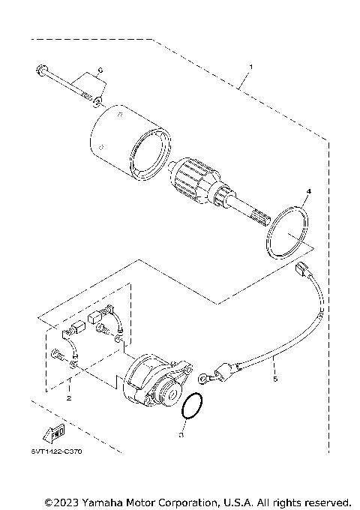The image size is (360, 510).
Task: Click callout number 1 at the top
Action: coord(250,67)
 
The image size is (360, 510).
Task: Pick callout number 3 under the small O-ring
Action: coord(181,433)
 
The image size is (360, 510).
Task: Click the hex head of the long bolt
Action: coord(38,73)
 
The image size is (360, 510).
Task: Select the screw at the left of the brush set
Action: coord(58,352)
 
